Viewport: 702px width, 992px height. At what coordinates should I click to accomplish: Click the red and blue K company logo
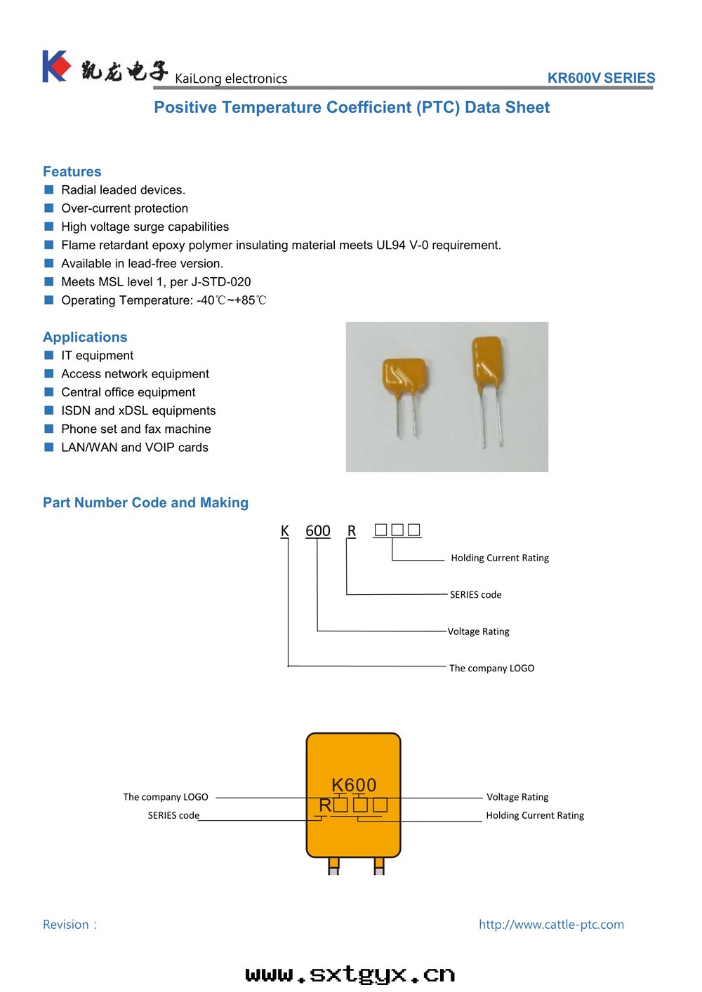tap(56, 67)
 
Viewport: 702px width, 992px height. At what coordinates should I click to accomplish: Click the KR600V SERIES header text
tap(601, 78)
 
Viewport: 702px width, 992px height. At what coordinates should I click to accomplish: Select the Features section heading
tap(72, 172)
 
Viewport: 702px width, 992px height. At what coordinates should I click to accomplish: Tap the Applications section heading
tap(85, 337)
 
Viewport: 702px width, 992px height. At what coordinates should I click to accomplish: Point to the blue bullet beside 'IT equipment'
tap(49, 356)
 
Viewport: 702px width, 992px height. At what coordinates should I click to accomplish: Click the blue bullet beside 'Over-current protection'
tap(49, 208)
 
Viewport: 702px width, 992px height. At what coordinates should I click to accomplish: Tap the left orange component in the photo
tap(405, 379)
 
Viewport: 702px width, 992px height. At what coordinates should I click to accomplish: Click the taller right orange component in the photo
tap(487, 361)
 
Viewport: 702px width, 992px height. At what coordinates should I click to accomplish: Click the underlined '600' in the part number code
tap(317, 531)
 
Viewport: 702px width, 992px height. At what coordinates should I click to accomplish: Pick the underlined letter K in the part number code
tap(284, 531)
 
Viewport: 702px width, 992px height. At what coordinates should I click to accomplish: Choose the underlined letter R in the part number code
tap(352, 531)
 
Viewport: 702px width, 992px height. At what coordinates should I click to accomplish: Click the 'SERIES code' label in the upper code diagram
tap(475, 595)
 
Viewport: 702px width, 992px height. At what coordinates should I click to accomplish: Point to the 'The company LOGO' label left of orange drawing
tap(166, 797)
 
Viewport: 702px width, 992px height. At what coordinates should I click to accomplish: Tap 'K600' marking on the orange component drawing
tap(354, 785)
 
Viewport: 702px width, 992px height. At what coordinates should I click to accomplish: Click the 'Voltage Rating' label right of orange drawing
tap(517, 797)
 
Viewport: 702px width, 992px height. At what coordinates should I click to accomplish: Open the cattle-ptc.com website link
tap(551, 925)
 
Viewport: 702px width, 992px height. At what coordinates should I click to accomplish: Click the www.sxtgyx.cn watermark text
tap(350, 974)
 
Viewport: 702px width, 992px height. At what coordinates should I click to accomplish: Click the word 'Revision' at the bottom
tap(66, 925)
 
